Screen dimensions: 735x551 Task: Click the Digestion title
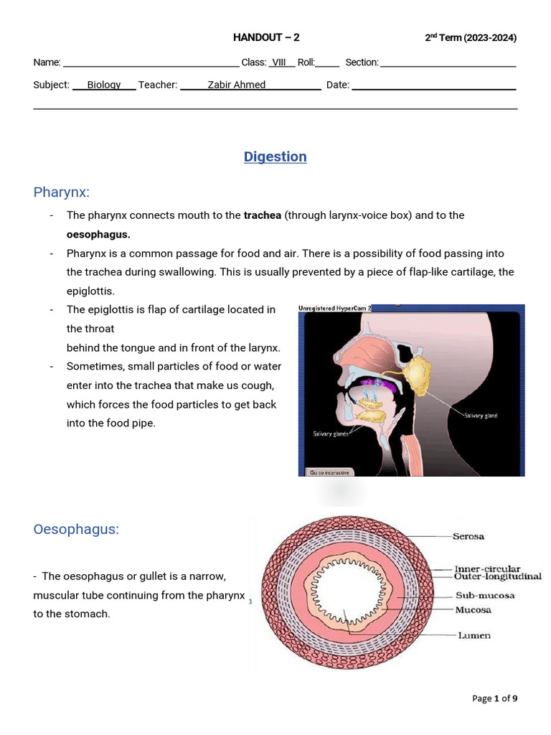tap(275, 156)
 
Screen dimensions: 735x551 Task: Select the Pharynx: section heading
tap(61, 192)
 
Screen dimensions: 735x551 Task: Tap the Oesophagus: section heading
tap(76, 529)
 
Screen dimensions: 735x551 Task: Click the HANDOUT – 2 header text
tap(266, 37)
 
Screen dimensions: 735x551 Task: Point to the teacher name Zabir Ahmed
tap(237, 85)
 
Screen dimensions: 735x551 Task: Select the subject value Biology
tap(104, 85)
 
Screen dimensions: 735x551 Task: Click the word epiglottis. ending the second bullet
tap(90, 291)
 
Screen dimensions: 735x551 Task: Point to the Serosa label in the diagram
tap(468, 536)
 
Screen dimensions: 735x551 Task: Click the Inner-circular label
tap(487, 569)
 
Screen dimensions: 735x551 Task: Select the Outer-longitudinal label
tap(498, 576)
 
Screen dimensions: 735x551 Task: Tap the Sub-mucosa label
tap(485, 595)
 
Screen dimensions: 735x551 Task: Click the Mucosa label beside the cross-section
tap(474, 610)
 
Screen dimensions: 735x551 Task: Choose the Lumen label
tap(474, 635)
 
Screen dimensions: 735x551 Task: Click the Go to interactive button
tap(329, 472)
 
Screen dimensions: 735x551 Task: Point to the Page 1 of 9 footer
tap(495, 698)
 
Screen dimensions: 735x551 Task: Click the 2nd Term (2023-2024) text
tap(471, 38)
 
